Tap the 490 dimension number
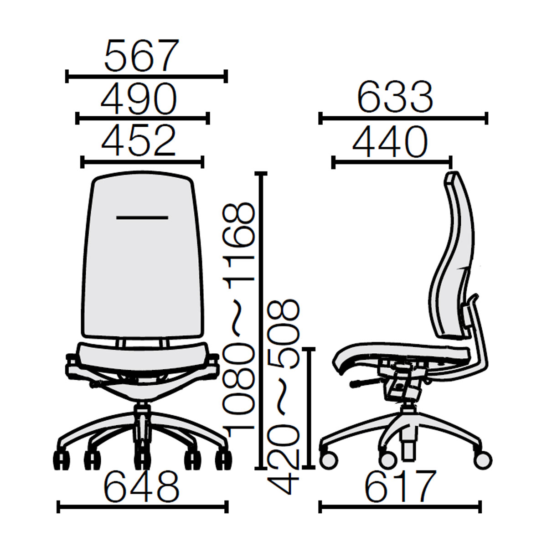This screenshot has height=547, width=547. [x=139, y=99]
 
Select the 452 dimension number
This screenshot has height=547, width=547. [x=139, y=140]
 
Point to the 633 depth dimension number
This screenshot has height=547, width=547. [x=395, y=97]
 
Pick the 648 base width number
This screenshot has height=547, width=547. [x=142, y=487]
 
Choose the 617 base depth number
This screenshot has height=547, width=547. [x=400, y=487]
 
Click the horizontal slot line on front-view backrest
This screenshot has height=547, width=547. [x=142, y=218]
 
